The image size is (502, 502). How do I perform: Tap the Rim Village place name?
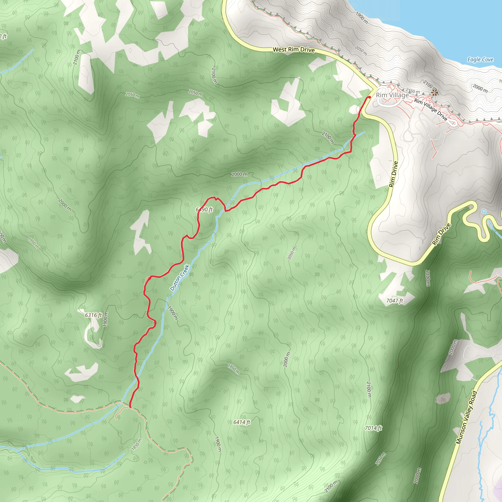click(392, 95)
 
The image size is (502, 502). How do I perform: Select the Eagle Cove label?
click(480, 60)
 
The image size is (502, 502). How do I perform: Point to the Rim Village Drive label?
click(430, 109)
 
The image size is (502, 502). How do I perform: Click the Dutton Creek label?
click(179, 277)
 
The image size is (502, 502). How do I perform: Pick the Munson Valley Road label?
click(467, 417)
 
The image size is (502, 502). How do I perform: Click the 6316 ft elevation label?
click(93, 315)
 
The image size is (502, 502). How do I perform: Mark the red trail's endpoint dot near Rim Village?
click(369, 97)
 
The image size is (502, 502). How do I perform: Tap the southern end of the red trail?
click(130, 407)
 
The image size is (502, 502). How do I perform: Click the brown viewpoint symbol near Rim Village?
click(434, 92)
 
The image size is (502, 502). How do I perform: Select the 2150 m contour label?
click(413, 91)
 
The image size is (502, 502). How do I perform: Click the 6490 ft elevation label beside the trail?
click(204, 209)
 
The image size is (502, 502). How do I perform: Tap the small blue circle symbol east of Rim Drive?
click(483, 211)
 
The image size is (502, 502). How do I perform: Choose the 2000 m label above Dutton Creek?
click(239, 174)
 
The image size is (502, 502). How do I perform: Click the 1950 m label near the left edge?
click(34, 243)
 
